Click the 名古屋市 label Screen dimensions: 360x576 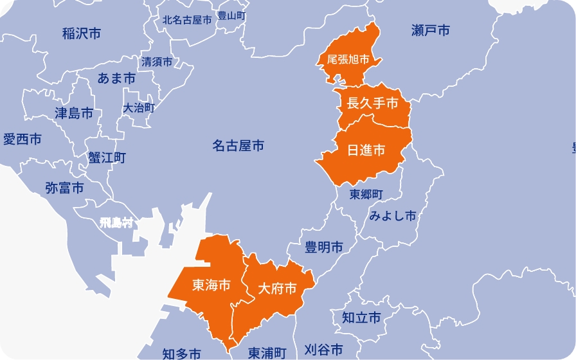(238, 147)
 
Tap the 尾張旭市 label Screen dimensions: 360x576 (348, 60)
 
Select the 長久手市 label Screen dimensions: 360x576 (372, 103)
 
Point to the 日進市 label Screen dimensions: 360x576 (366, 150)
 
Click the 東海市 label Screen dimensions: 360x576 (212, 285)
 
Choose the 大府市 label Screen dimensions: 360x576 (277, 289)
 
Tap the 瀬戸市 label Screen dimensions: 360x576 (430, 30)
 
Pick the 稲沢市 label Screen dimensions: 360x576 (82, 33)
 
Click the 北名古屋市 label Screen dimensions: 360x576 (186, 20)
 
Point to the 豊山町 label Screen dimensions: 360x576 (231, 15)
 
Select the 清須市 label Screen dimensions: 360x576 (157, 62)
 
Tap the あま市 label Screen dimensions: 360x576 (116, 78)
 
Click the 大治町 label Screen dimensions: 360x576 (139, 108)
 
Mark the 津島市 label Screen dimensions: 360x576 (74, 114)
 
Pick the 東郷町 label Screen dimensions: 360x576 (366, 194)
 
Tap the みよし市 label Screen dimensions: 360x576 (393, 216)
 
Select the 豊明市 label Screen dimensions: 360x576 (323, 247)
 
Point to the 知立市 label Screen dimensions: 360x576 (361, 318)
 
